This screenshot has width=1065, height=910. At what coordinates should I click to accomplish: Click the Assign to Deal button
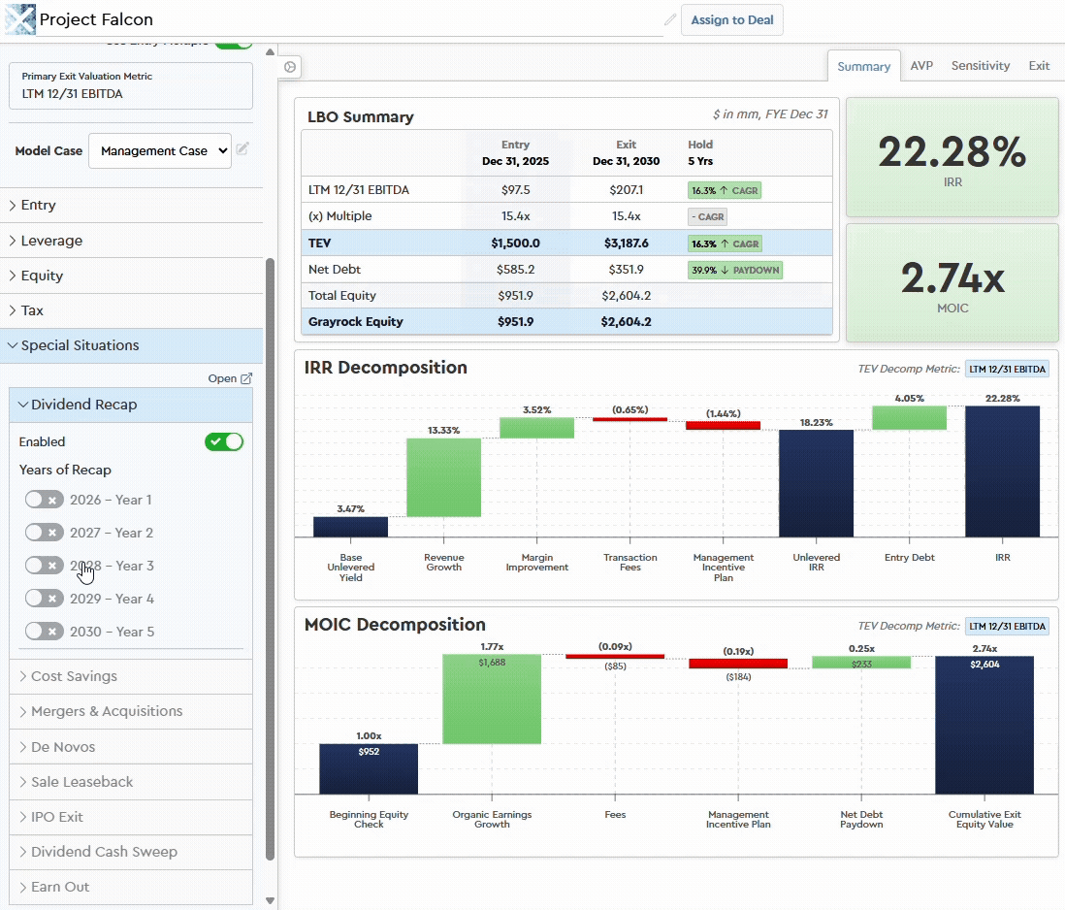(732, 19)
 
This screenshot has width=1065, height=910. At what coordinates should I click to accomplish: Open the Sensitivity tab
(980, 66)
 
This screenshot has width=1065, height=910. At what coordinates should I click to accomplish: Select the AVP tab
(921, 66)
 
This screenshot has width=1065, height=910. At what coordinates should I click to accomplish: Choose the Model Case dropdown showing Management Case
(160, 151)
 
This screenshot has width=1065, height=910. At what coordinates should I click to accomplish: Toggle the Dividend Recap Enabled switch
(224, 442)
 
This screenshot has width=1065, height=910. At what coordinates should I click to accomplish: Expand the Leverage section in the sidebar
(51, 241)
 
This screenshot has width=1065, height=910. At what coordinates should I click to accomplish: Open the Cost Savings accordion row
(74, 676)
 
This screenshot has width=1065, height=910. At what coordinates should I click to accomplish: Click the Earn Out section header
(60, 887)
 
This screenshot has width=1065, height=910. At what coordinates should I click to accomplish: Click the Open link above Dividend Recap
(230, 378)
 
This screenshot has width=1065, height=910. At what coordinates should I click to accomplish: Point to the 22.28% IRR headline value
(952, 152)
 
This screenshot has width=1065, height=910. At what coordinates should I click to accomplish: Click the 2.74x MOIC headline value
(952, 278)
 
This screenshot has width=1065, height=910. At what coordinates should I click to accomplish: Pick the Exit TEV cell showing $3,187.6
(625, 244)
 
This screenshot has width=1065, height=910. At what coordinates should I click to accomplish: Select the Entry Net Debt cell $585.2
(515, 270)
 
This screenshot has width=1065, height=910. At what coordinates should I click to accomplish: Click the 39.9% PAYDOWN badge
(734, 270)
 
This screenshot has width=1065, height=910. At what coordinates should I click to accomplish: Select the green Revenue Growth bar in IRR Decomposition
(443, 477)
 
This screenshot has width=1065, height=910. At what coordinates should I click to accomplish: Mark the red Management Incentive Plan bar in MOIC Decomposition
(738, 664)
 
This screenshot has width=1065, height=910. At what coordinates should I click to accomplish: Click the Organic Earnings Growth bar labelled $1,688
(492, 699)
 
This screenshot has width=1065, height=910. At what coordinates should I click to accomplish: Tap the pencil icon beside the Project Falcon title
(670, 19)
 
